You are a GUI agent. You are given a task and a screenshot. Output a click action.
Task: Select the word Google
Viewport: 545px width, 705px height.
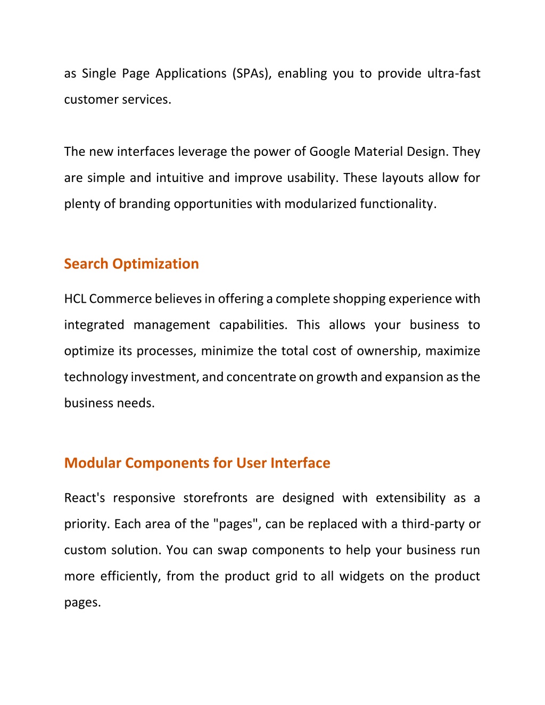click(329, 152)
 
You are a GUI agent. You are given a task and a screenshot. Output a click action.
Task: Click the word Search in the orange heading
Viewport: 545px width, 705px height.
click(86, 264)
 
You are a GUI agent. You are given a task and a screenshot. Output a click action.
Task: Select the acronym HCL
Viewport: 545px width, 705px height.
click(75, 299)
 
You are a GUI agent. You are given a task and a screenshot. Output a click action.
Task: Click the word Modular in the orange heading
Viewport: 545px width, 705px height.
click(93, 463)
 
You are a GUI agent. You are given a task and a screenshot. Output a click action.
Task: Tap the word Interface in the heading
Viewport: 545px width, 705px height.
click(300, 463)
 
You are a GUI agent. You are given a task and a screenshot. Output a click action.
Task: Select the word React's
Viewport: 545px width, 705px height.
click(85, 498)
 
